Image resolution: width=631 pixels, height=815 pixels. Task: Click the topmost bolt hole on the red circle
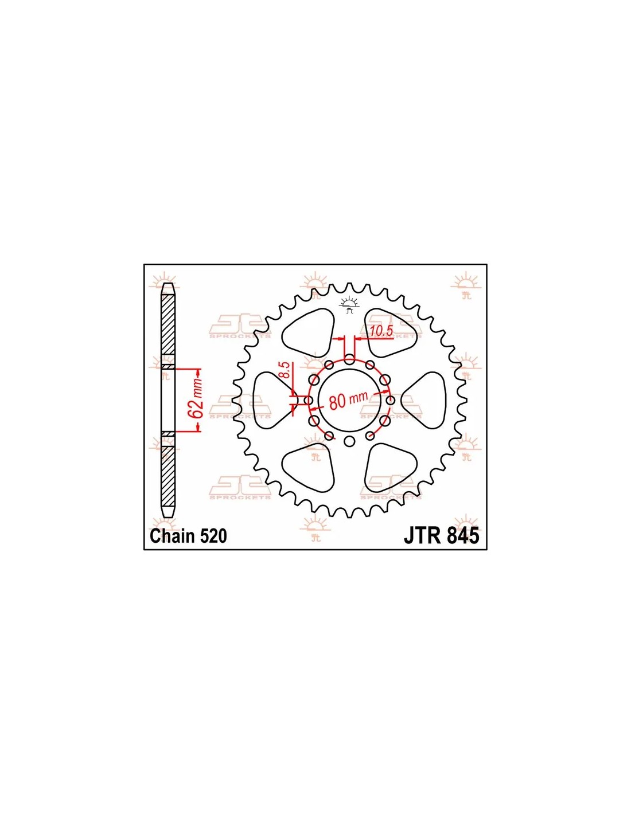tap(349, 359)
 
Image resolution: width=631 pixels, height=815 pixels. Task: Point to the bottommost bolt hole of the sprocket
tap(349, 441)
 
